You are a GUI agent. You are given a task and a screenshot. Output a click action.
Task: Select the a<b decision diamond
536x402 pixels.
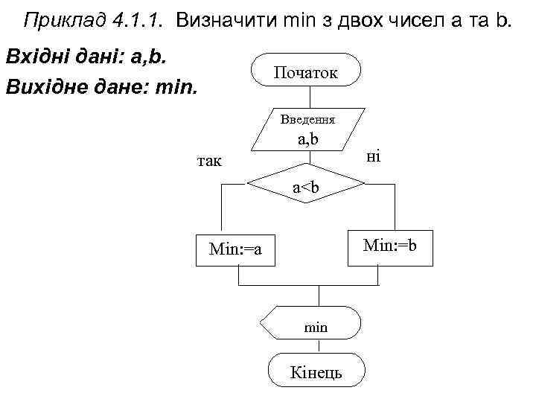coord(306,188)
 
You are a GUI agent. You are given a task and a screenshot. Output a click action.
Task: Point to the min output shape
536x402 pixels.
coord(313,326)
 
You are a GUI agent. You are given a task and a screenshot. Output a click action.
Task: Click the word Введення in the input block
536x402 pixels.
coord(307,119)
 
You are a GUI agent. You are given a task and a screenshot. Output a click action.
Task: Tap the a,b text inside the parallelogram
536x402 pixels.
coord(308,138)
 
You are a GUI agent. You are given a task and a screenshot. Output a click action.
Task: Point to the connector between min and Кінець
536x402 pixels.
coord(320,348)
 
